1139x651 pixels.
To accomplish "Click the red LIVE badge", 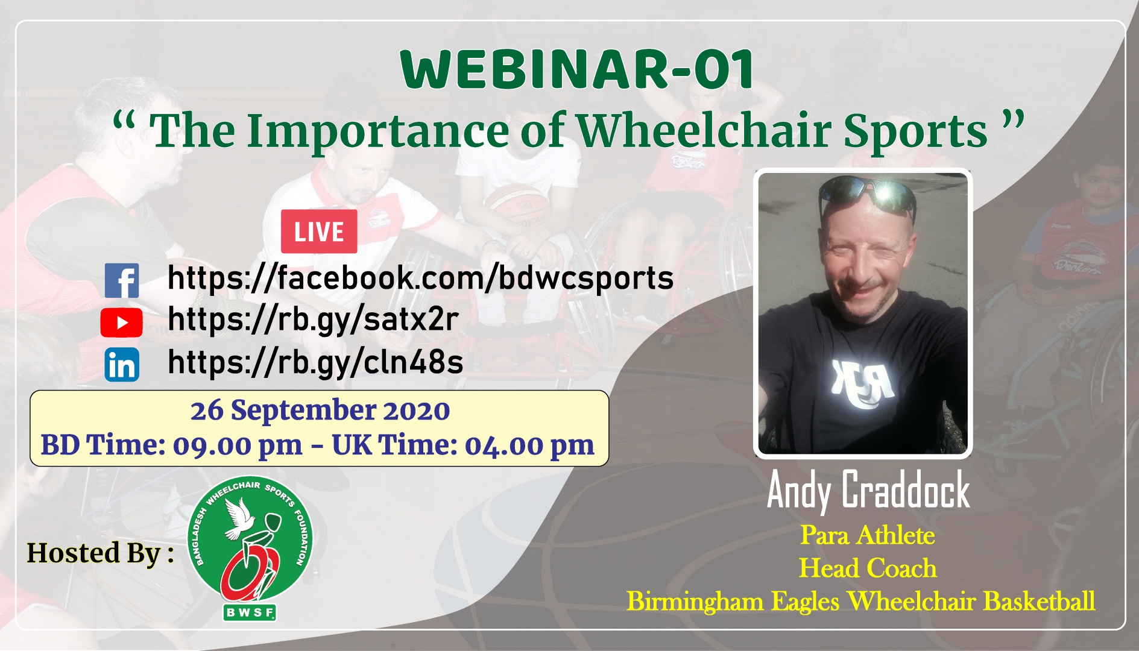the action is [319, 231].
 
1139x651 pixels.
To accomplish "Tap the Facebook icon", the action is [122, 280].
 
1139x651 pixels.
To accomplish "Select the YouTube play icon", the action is [122, 322].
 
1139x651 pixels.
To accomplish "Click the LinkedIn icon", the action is [122, 364].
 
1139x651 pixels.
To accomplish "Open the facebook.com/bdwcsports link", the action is [420, 278].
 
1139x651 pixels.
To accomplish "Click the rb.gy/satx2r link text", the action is [313, 319].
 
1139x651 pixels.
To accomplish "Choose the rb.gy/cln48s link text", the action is [315, 362].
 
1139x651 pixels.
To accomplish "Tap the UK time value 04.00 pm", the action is [529, 446].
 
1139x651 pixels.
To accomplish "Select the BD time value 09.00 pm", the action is [238, 446].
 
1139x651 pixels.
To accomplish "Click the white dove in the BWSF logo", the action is [239, 517].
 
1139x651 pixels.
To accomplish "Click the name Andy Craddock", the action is [868, 491].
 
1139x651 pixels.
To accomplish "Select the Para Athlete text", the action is [868, 535].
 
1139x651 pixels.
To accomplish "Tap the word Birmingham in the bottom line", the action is [695, 602].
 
